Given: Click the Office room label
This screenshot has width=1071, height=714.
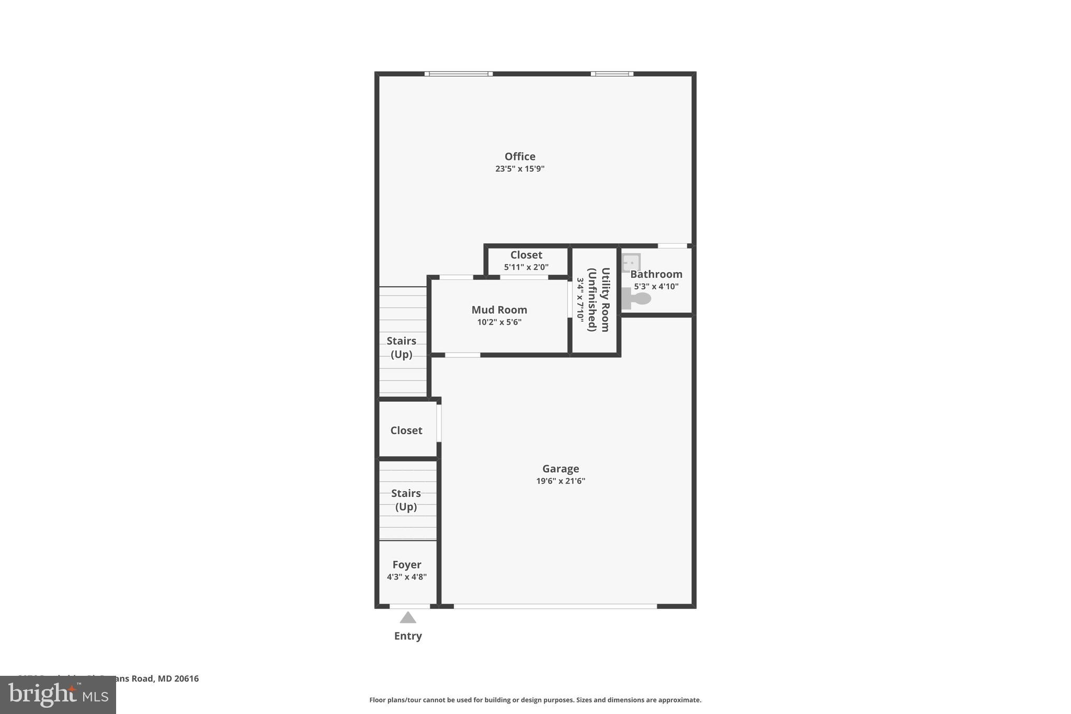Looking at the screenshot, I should click(x=519, y=156).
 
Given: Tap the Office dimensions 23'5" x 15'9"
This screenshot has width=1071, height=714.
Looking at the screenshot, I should click(x=519, y=169).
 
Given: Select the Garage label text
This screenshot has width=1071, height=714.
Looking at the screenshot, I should click(x=560, y=469).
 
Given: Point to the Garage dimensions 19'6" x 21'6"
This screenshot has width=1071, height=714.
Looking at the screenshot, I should click(x=560, y=481).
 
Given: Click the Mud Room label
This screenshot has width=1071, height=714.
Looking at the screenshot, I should click(x=499, y=310).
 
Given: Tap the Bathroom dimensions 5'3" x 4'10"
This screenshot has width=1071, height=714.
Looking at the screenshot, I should click(x=656, y=287).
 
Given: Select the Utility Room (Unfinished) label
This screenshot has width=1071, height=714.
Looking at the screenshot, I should click(x=598, y=300).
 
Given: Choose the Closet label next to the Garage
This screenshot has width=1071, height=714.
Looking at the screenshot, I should click(x=406, y=430).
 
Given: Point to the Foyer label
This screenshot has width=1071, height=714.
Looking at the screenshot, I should click(x=406, y=565).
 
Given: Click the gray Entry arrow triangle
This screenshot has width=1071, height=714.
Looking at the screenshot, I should click(x=408, y=618).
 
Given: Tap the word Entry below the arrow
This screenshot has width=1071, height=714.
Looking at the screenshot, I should click(x=408, y=636).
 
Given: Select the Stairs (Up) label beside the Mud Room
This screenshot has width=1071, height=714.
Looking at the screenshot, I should click(x=401, y=347).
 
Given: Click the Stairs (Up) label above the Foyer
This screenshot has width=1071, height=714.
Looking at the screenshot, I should click(x=406, y=500).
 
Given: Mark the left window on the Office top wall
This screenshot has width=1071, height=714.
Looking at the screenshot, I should click(x=458, y=74).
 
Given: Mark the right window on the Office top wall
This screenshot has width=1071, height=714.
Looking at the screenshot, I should click(x=612, y=74).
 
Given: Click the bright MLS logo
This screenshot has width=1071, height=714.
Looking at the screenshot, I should click(x=58, y=695).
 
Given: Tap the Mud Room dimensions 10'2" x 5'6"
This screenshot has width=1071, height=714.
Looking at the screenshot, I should click(x=499, y=322).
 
